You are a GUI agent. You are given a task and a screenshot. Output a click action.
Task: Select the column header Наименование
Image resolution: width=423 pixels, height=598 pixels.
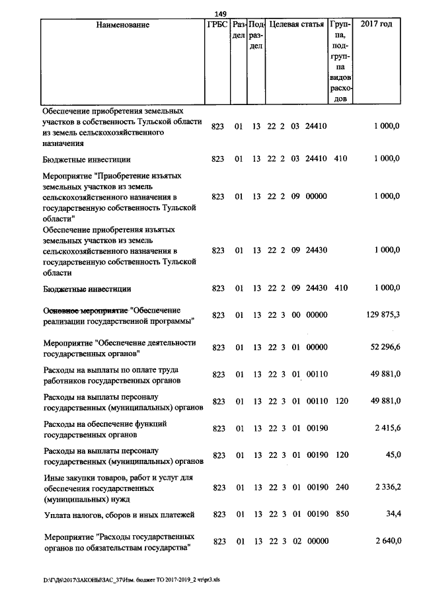(x=123, y=25)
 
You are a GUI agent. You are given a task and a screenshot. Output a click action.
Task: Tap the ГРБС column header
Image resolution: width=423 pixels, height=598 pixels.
(x=217, y=25)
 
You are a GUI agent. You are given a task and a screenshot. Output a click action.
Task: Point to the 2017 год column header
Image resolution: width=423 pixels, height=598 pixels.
(x=376, y=25)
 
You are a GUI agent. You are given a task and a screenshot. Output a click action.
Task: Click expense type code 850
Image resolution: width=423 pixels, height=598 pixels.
(x=340, y=513)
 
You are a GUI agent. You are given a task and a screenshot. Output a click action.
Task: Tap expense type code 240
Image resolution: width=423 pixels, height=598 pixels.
(x=340, y=488)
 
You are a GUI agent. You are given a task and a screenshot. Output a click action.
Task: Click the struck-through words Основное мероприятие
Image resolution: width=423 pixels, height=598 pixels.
(x=85, y=310)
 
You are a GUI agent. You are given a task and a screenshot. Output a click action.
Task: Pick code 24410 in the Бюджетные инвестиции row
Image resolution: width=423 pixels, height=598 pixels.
(x=317, y=159)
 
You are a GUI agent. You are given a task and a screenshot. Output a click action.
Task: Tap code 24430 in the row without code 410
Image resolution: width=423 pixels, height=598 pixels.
(x=317, y=250)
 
